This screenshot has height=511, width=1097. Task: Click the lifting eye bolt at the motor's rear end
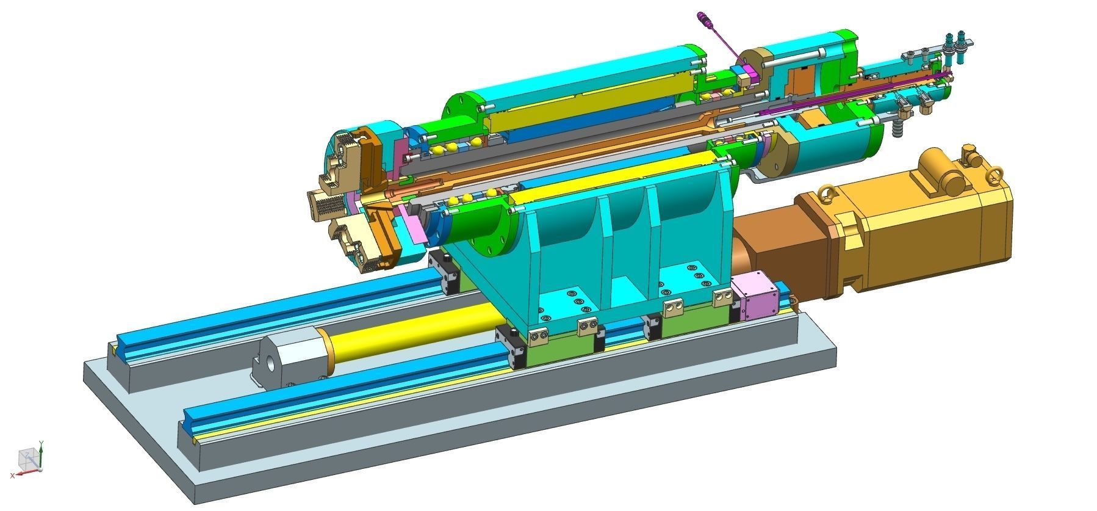pos(993,176)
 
